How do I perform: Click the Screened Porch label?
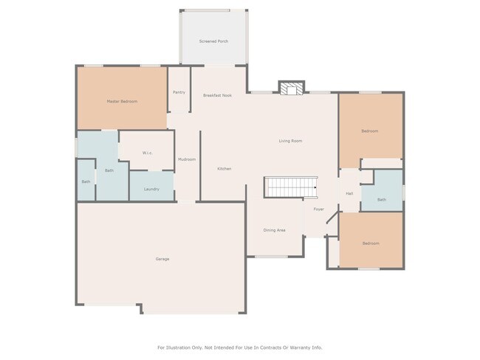pyautogui.click(x=213, y=41)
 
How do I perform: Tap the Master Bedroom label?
pyautogui.click(x=122, y=101)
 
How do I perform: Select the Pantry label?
pyautogui.click(x=179, y=92)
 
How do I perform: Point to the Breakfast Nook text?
pyautogui.click(x=217, y=95)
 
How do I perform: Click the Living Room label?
pyautogui.click(x=290, y=141)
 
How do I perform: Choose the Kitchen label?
pyautogui.click(x=224, y=169)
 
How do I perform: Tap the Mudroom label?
pyautogui.click(x=187, y=159)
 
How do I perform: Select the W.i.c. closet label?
pyautogui.click(x=147, y=153)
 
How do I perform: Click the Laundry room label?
pyautogui.click(x=151, y=189)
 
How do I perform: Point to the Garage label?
pyautogui.click(x=162, y=259)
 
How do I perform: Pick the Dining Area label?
pyautogui.click(x=274, y=230)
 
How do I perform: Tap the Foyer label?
pyautogui.click(x=318, y=210)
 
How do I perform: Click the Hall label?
pyautogui.click(x=349, y=193)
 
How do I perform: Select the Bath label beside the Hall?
pyautogui.click(x=381, y=199)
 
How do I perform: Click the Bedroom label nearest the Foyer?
pyautogui.click(x=370, y=243)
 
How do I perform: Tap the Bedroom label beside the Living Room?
pyautogui.click(x=369, y=131)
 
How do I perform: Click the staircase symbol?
pyautogui.click(x=290, y=187)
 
